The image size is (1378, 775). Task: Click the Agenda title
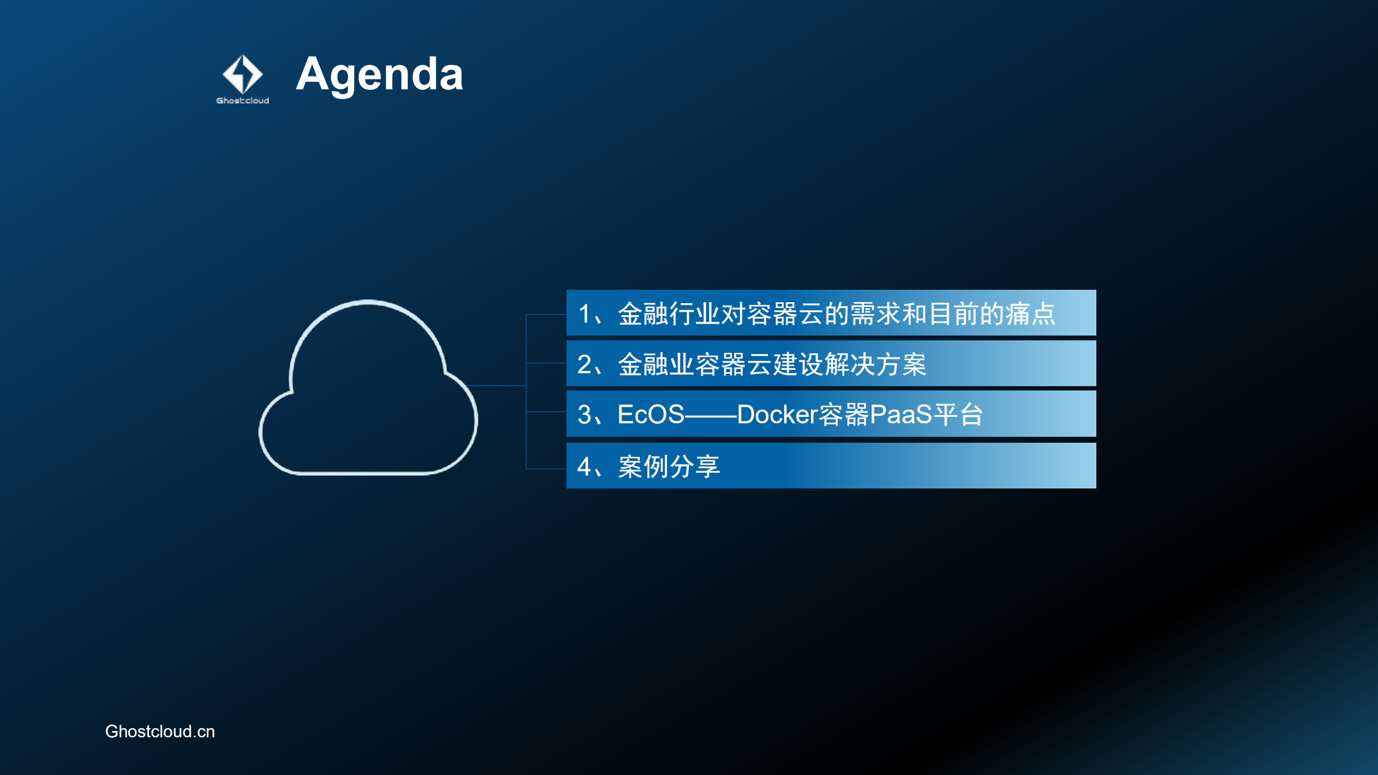(379, 74)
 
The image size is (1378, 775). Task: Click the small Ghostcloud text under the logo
(242, 101)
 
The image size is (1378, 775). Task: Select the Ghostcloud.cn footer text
(160, 731)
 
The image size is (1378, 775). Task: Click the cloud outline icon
(368, 388)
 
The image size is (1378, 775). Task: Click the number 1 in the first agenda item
(584, 314)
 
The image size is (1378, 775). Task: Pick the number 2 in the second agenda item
(584, 365)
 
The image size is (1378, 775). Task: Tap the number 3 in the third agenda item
(584, 415)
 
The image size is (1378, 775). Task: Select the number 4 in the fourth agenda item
(584, 466)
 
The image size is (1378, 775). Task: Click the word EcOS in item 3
(650, 415)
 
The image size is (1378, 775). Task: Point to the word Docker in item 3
(777, 415)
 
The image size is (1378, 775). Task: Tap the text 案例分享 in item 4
(669, 466)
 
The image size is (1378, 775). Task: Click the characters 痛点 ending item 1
(1030, 314)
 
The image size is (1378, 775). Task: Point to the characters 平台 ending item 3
(959, 415)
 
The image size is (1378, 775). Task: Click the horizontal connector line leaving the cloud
(495, 386)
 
